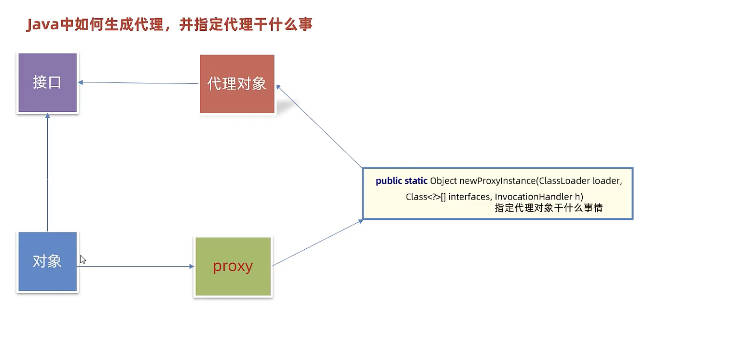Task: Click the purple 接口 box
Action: [x=47, y=82]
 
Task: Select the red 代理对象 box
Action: [x=237, y=84]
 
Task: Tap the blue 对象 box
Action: [x=47, y=261]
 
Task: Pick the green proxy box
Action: [x=233, y=267]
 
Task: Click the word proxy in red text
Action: [x=233, y=267]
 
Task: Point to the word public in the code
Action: [x=389, y=181]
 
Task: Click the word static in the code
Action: [x=416, y=180]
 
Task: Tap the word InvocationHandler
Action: [x=533, y=197]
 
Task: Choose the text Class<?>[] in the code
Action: [x=426, y=197]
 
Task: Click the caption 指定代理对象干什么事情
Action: [x=549, y=208]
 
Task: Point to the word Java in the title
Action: [x=43, y=25]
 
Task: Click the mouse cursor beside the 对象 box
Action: [x=82, y=260]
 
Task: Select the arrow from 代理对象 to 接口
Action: [x=138, y=83]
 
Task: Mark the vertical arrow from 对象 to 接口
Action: [x=47, y=172]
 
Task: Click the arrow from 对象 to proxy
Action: [x=136, y=266]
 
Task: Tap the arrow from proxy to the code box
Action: [x=317, y=242]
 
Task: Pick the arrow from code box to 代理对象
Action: [x=320, y=126]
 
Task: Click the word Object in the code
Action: [x=443, y=181]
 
